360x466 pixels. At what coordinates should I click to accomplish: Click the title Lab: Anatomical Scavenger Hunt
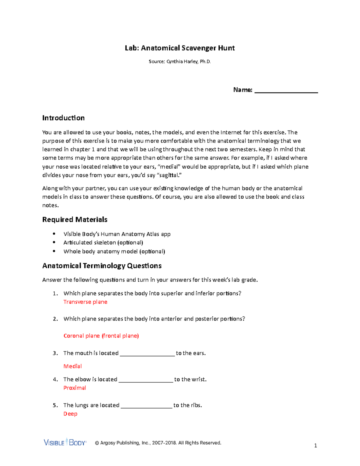(x=180, y=48)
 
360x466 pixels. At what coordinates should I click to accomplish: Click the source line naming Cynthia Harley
(x=180, y=62)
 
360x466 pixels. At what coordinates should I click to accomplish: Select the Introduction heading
(x=63, y=118)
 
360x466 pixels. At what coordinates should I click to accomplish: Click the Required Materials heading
(x=75, y=220)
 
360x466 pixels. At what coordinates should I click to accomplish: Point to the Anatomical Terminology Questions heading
(x=102, y=266)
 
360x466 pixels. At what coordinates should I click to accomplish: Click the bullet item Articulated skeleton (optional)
(x=103, y=242)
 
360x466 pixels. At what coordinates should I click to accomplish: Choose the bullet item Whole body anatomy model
(x=114, y=251)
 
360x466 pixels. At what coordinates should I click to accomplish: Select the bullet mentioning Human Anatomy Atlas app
(x=117, y=234)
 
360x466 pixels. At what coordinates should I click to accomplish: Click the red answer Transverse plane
(x=85, y=302)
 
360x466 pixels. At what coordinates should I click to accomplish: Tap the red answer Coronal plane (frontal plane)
(x=101, y=336)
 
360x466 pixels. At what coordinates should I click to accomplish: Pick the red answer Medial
(x=73, y=366)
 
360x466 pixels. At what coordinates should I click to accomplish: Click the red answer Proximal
(x=75, y=388)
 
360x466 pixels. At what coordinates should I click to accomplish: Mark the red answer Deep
(x=70, y=414)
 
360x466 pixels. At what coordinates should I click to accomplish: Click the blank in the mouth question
(x=147, y=354)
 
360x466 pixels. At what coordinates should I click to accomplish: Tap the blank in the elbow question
(x=146, y=380)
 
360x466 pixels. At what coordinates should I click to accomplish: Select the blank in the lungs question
(x=146, y=406)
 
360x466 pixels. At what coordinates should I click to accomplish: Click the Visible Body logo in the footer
(x=65, y=442)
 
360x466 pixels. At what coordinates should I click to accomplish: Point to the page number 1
(x=315, y=446)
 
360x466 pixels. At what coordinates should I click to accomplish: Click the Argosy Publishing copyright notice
(x=158, y=443)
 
